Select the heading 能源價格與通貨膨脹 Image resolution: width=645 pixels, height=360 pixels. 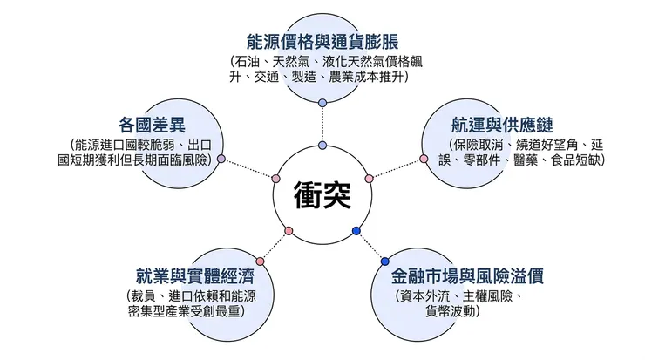[x=322, y=41]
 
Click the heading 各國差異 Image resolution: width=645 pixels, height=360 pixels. [x=152, y=124]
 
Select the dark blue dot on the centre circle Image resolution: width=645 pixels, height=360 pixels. [x=356, y=231]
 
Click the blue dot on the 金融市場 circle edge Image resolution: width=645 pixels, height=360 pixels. [x=384, y=261]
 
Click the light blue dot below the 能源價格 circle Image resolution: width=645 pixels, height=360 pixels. [x=322, y=103]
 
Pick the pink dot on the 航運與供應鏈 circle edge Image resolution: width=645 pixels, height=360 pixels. [x=424, y=159]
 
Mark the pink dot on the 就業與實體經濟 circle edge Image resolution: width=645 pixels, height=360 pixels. [x=260, y=261]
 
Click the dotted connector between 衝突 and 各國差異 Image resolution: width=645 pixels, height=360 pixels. [x=248, y=168]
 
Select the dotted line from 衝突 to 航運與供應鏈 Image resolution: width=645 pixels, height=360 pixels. [x=397, y=168]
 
